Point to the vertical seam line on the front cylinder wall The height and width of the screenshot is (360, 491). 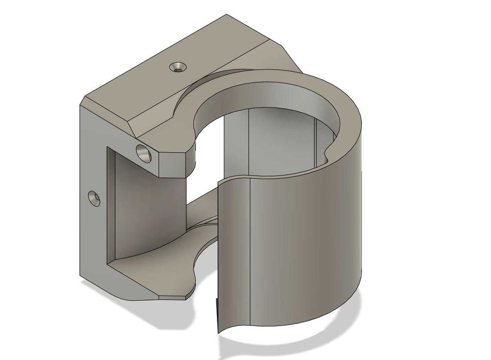[x=250, y=247]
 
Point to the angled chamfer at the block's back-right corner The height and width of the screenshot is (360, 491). [x=290, y=57]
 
